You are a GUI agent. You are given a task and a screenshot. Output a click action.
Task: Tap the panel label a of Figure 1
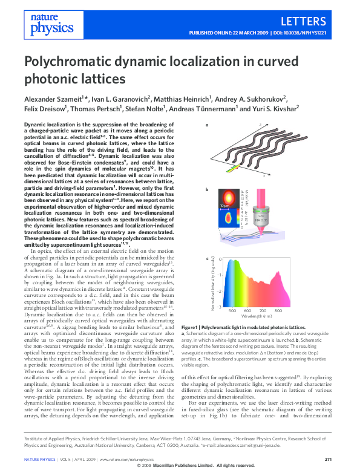(208, 125)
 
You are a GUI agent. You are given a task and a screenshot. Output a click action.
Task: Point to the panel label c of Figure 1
(208, 259)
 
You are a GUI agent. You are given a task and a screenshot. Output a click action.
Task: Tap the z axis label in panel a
(260, 124)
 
